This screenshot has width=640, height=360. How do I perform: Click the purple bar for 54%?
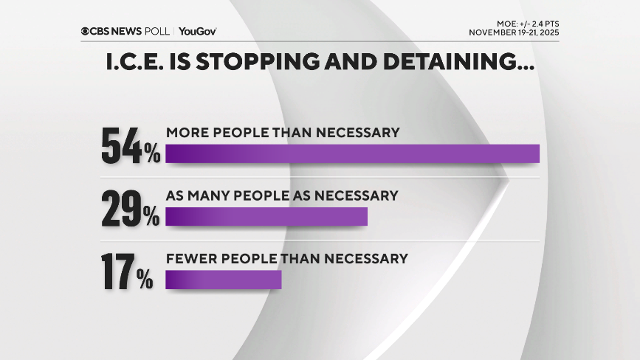[352, 153]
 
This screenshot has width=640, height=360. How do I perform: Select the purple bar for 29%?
[266, 216]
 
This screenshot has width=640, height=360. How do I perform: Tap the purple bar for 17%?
[224, 280]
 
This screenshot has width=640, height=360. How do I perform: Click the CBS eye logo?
[86, 31]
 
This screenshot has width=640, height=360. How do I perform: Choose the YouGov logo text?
[197, 31]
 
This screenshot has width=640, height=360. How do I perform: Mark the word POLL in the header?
[158, 31]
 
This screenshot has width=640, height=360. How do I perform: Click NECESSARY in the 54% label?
[361, 133]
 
